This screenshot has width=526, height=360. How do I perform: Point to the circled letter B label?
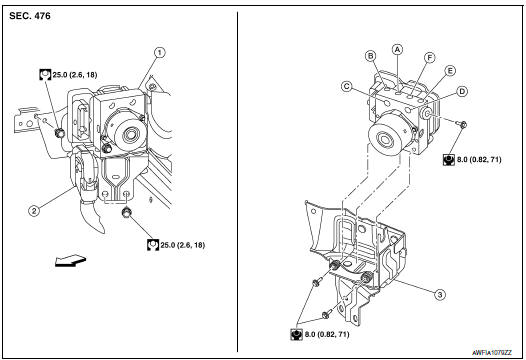click(x=370, y=55)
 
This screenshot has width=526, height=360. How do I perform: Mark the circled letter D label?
click(x=461, y=92)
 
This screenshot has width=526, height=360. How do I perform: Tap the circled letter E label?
click(x=450, y=72)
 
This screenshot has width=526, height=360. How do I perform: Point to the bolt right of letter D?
click(x=464, y=123)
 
